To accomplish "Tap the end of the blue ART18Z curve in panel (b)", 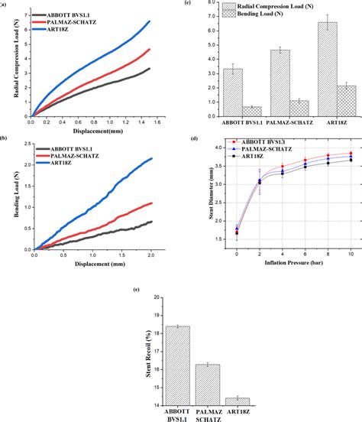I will [153, 159].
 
